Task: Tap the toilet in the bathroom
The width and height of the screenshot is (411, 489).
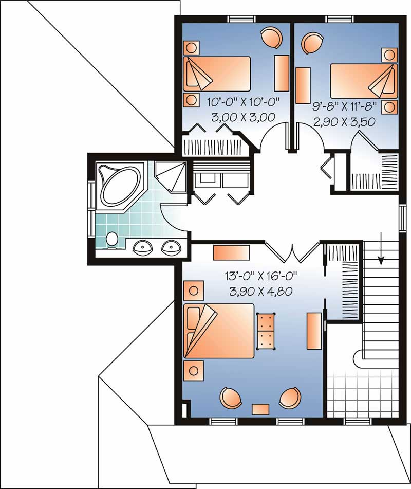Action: [111, 239]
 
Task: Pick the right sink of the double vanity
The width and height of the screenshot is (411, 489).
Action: [171, 248]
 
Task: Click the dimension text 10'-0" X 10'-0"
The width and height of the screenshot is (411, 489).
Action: [235, 101]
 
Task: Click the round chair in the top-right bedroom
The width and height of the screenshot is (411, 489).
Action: [311, 42]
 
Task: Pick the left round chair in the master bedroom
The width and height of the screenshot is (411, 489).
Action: [230, 398]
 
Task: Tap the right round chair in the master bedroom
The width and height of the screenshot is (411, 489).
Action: [290, 398]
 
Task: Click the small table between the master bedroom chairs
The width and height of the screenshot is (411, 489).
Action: [260, 409]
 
